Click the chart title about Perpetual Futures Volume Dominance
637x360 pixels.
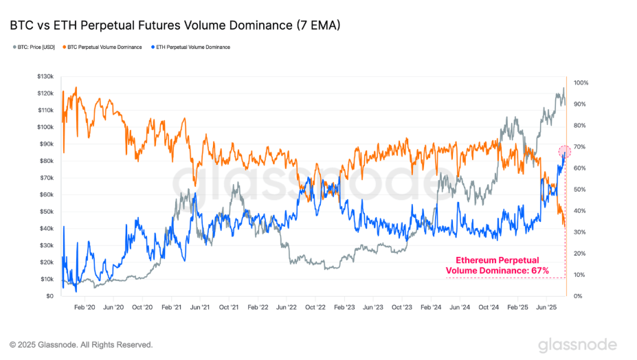pyautogui.click(x=175, y=25)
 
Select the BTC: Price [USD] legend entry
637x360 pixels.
pyautogui.click(x=34, y=47)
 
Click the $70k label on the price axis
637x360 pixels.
pyautogui.click(x=46, y=178)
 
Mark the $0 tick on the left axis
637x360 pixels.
pyautogui.click(x=49, y=296)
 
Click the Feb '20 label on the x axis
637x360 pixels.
pyautogui.click(x=84, y=308)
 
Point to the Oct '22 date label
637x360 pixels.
pyautogui.click(x=314, y=308)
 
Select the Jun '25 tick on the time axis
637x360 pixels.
pyautogui.click(x=545, y=308)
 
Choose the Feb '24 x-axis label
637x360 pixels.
pyautogui.click(x=429, y=308)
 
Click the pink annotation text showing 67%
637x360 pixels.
pyautogui.click(x=498, y=266)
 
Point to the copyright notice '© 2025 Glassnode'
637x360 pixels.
pyautogui.click(x=81, y=344)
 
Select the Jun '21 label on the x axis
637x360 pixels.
pyautogui.click(x=199, y=308)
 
